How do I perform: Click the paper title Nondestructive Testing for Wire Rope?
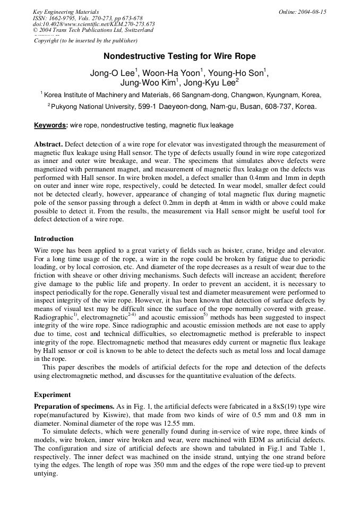coord(179,56)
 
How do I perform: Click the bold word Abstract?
coord(48,144)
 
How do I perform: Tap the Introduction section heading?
coord(54,238)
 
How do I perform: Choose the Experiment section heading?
coord(52,394)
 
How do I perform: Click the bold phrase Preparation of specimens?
coord(74,406)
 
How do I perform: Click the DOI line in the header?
coord(94,24)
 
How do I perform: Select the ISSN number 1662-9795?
coord(62,18)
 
